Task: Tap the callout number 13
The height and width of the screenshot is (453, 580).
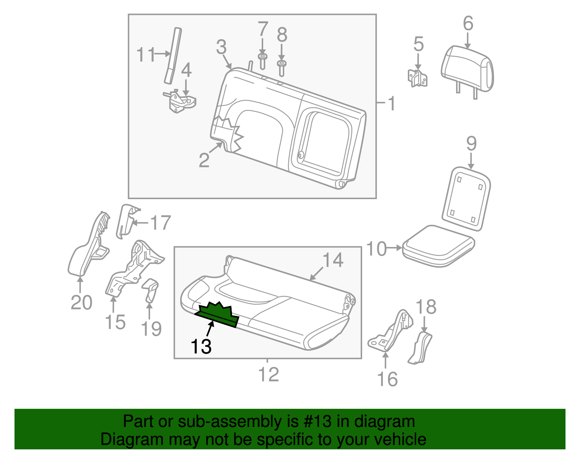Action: pyautogui.click(x=201, y=346)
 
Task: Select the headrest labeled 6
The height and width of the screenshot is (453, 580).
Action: pyautogui.click(x=468, y=69)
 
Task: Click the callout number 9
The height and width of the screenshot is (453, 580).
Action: pyautogui.click(x=471, y=144)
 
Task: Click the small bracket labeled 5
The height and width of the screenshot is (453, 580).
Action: pyautogui.click(x=417, y=78)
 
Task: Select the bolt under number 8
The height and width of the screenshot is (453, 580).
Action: pyautogui.click(x=282, y=67)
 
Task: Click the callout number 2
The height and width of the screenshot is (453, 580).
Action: pyautogui.click(x=204, y=160)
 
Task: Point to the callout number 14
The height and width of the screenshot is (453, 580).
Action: pyautogui.click(x=333, y=260)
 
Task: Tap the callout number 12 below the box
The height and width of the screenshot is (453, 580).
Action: pyautogui.click(x=268, y=374)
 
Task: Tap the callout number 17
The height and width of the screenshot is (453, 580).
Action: pyautogui.click(x=160, y=223)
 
